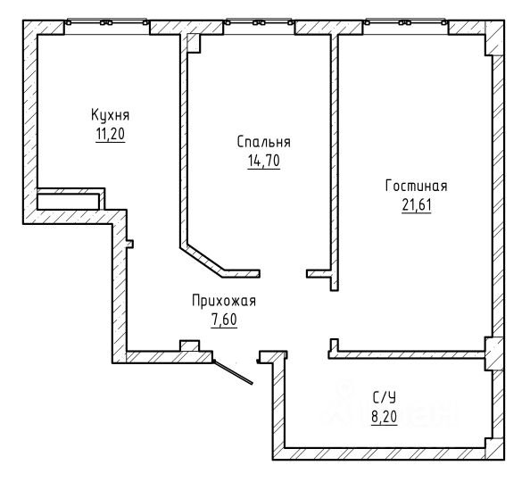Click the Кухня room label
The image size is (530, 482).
click(110, 115)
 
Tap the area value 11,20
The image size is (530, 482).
click(111, 134)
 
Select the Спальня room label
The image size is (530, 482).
click(263, 142)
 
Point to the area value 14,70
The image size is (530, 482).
click(263, 161)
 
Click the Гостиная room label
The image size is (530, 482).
click(416, 186)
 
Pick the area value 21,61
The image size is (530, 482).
click(417, 204)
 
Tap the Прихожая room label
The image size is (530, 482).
click(224, 301)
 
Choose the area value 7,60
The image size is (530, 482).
click(224, 320)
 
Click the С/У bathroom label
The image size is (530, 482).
click(385, 397)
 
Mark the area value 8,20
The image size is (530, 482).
click(385, 417)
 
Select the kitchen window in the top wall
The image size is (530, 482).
click(107, 22)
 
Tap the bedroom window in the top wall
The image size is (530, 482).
click(259, 22)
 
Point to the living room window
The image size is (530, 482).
click(405, 22)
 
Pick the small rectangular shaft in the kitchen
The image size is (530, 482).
click(70, 199)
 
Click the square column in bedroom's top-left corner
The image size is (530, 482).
click(194, 44)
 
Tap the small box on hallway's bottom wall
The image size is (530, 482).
click(189, 346)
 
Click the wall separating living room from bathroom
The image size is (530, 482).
click(407, 354)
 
